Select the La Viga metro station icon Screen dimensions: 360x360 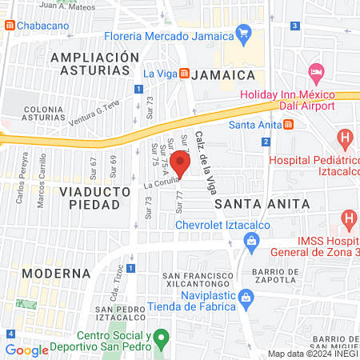[x=184, y=74]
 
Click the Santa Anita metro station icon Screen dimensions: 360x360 [x=288, y=124]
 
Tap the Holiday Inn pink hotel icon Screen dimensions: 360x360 [x=316, y=74]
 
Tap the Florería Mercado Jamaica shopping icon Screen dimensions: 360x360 [x=243, y=34]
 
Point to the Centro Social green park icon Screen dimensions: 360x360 [x=161, y=338]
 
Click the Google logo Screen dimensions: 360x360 [x=27, y=350]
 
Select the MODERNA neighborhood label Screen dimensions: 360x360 [x=56, y=273]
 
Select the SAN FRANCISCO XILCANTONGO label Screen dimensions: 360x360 [x=197, y=281]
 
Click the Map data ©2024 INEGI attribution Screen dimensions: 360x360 [x=312, y=354]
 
